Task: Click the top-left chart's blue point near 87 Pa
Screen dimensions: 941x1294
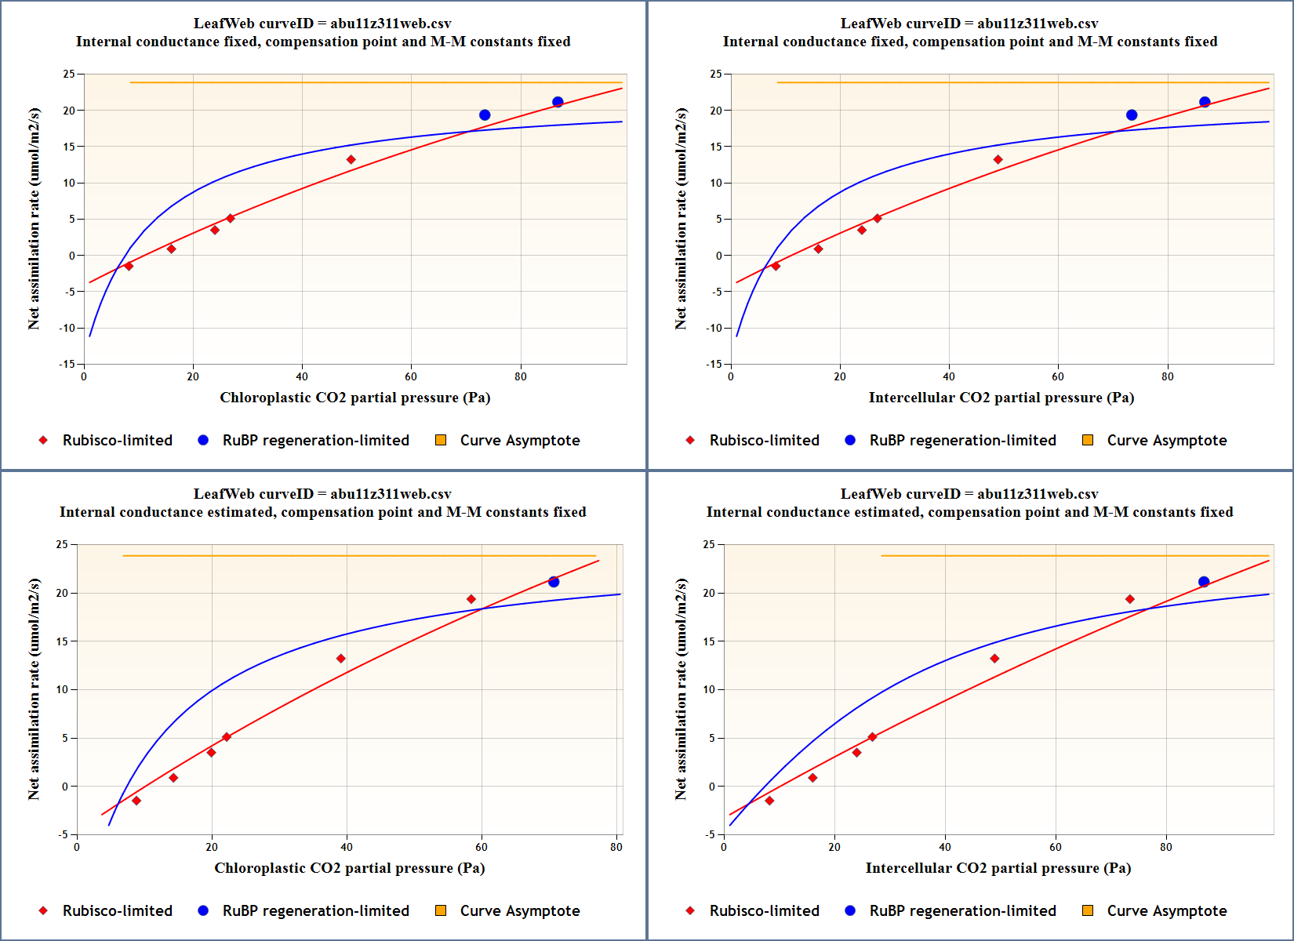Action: [x=558, y=102]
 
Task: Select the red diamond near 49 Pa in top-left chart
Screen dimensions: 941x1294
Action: [x=351, y=160]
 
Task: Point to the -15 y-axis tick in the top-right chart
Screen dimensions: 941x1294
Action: [x=715, y=364]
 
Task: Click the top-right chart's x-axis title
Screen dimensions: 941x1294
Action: [x=1001, y=398]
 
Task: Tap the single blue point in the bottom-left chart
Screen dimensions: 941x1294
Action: [x=554, y=582]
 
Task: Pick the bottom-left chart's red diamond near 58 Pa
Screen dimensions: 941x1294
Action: [x=471, y=599]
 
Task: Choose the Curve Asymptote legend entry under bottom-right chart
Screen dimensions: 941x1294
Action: [x=1166, y=910]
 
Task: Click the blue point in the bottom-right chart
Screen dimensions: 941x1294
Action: [x=1204, y=582]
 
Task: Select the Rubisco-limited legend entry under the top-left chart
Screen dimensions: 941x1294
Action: [x=117, y=440]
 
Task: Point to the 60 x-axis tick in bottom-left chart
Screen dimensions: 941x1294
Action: [x=482, y=847]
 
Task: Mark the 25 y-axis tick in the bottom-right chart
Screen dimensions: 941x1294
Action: [x=709, y=544]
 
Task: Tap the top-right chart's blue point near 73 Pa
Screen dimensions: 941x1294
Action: [x=1132, y=115]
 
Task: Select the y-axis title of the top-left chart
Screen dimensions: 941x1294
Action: [x=34, y=219]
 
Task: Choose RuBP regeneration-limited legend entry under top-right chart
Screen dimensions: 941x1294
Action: [x=962, y=440]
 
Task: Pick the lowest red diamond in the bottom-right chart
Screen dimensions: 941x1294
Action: [x=769, y=801]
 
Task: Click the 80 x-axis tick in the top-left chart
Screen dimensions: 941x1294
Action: [x=521, y=376]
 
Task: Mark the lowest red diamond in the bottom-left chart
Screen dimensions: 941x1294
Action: [x=136, y=801]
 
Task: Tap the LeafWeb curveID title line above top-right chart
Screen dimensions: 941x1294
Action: [x=969, y=24]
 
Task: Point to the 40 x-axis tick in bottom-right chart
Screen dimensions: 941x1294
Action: [x=945, y=847]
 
